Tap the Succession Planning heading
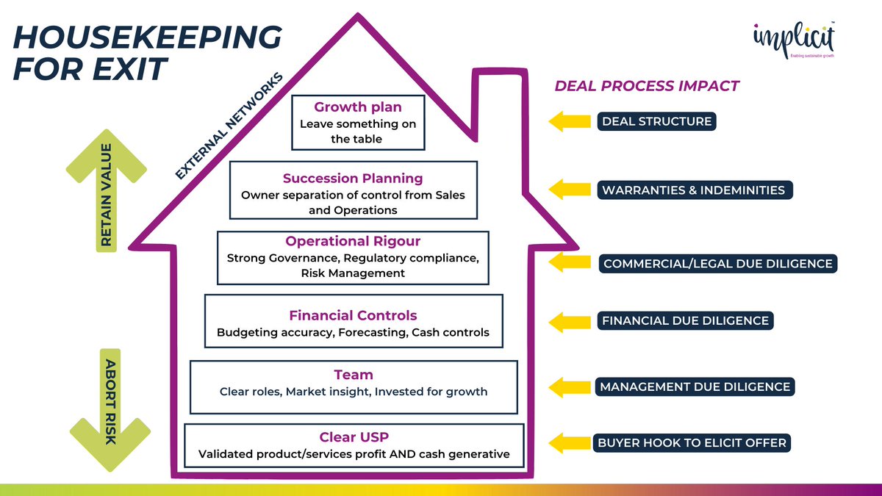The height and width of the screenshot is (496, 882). (x=353, y=179)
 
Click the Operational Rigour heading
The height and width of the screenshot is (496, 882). (x=353, y=242)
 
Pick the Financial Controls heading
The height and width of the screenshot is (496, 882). (x=353, y=316)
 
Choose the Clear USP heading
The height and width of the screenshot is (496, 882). (x=354, y=437)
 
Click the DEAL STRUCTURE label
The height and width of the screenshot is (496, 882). (x=656, y=121)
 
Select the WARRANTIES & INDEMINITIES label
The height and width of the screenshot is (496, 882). (x=693, y=190)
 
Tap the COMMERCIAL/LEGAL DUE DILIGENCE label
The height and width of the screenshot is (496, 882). (x=717, y=263)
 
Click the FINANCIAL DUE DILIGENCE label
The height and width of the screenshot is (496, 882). (x=685, y=320)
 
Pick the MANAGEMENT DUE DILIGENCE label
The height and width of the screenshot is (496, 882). (x=695, y=387)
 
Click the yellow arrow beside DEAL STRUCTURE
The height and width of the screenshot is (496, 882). (x=570, y=121)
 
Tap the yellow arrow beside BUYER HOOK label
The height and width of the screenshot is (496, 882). (x=570, y=443)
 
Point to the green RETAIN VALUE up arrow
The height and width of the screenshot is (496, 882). (x=107, y=191)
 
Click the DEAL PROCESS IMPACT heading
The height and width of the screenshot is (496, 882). (x=646, y=86)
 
